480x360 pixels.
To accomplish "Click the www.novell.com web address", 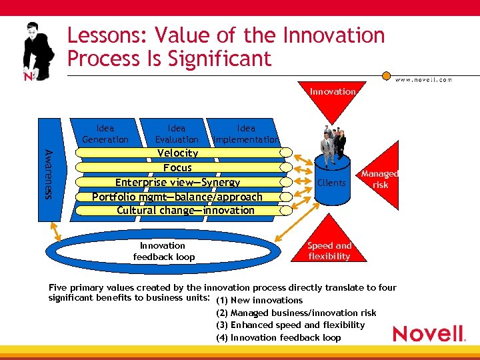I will click(x=423, y=79).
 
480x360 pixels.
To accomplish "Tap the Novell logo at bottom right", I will click(x=429, y=333).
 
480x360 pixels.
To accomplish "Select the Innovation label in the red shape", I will click(x=332, y=91).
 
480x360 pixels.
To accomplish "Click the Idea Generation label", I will click(x=105, y=134).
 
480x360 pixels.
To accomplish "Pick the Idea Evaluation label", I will click(x=177, y=134).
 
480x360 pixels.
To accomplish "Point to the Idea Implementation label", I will click(x=246, y=134).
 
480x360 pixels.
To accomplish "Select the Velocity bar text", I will click(x=177, y=153).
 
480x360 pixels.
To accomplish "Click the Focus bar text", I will click(x=177, y=168).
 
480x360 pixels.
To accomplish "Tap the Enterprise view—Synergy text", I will click(x=177, y=182).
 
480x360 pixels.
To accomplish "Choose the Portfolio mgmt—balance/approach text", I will click(x=177, y=197).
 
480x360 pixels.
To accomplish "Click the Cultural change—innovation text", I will click(x=185, y=211).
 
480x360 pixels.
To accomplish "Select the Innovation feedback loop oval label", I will click(x=163, y=251).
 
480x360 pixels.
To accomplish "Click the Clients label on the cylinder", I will click(x=331, y=183).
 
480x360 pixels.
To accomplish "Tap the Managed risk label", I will click(x=380, y=179).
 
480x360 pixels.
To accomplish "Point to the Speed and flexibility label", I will click(x=329, y=251).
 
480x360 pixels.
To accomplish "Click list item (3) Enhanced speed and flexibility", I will click(x=291, y=325).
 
